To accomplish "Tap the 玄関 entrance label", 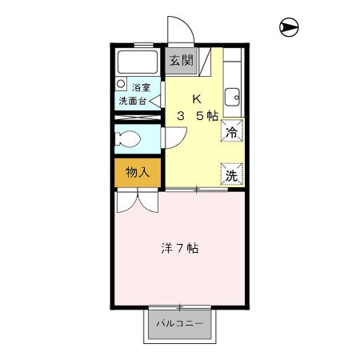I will pos(181,60).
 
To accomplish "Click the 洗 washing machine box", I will pos(231,174).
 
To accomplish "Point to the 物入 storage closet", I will pos(138,172).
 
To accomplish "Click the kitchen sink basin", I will pos(233,98).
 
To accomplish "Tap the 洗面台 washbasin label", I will pos(133,102).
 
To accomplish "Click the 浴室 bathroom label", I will pos(142,89).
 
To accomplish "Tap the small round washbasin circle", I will pos(121,82).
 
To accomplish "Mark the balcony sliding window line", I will pos(180,307).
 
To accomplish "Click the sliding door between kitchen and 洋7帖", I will pos(196,190).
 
